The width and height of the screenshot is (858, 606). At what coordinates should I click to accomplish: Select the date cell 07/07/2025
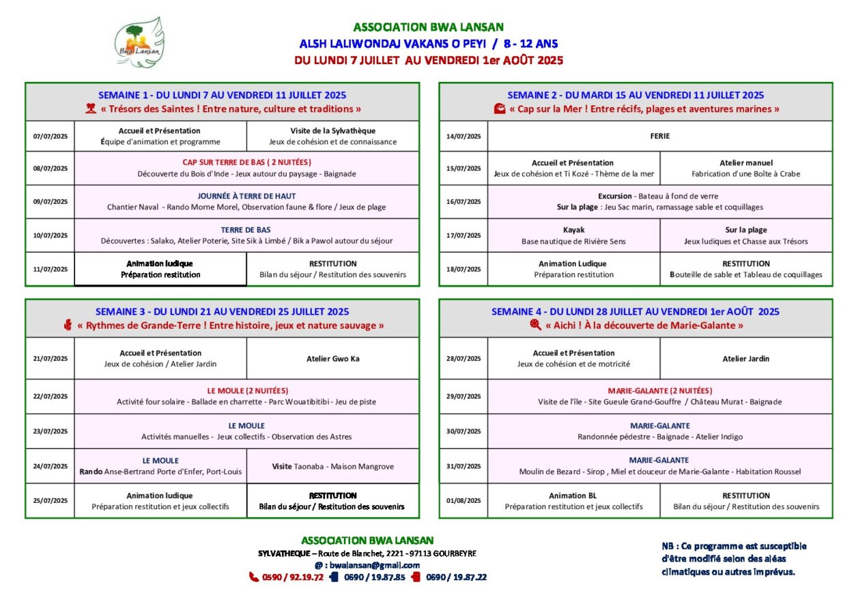[x=51, y=136]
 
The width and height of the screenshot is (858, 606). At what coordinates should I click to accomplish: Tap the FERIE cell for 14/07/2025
[x=659, y=136]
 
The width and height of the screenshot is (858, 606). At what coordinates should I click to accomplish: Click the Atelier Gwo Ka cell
[x=332, y=358]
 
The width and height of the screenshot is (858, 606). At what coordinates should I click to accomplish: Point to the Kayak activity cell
[x=573, y=235]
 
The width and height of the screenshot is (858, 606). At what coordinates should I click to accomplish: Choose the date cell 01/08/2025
[x=463, y=501]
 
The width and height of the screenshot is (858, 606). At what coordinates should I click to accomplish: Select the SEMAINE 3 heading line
[x=222, y=312]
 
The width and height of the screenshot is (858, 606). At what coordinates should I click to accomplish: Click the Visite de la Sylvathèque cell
[x=332, y=136]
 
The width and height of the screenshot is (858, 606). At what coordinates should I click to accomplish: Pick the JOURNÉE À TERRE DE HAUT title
[x=246, y=196]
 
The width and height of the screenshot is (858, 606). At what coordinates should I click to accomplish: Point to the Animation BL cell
[x=573, y=501]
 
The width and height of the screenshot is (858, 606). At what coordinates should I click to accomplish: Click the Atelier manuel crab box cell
[x=745, y=168]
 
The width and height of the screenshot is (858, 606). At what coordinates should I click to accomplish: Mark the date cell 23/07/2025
[x=51, y=431]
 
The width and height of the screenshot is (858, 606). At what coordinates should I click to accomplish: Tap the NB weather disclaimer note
[x=734, y=559]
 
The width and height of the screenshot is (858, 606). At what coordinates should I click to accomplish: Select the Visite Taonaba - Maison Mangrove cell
[x=332, y=466]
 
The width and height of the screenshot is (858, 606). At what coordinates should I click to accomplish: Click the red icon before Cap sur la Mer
[x=500, y=109]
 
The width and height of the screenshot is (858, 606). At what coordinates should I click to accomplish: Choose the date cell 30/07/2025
[x=463, y=431]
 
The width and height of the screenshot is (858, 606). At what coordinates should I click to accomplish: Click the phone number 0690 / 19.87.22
[x=456, y=577]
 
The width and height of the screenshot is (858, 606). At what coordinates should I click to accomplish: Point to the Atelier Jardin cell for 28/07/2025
[x=745, y=358]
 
